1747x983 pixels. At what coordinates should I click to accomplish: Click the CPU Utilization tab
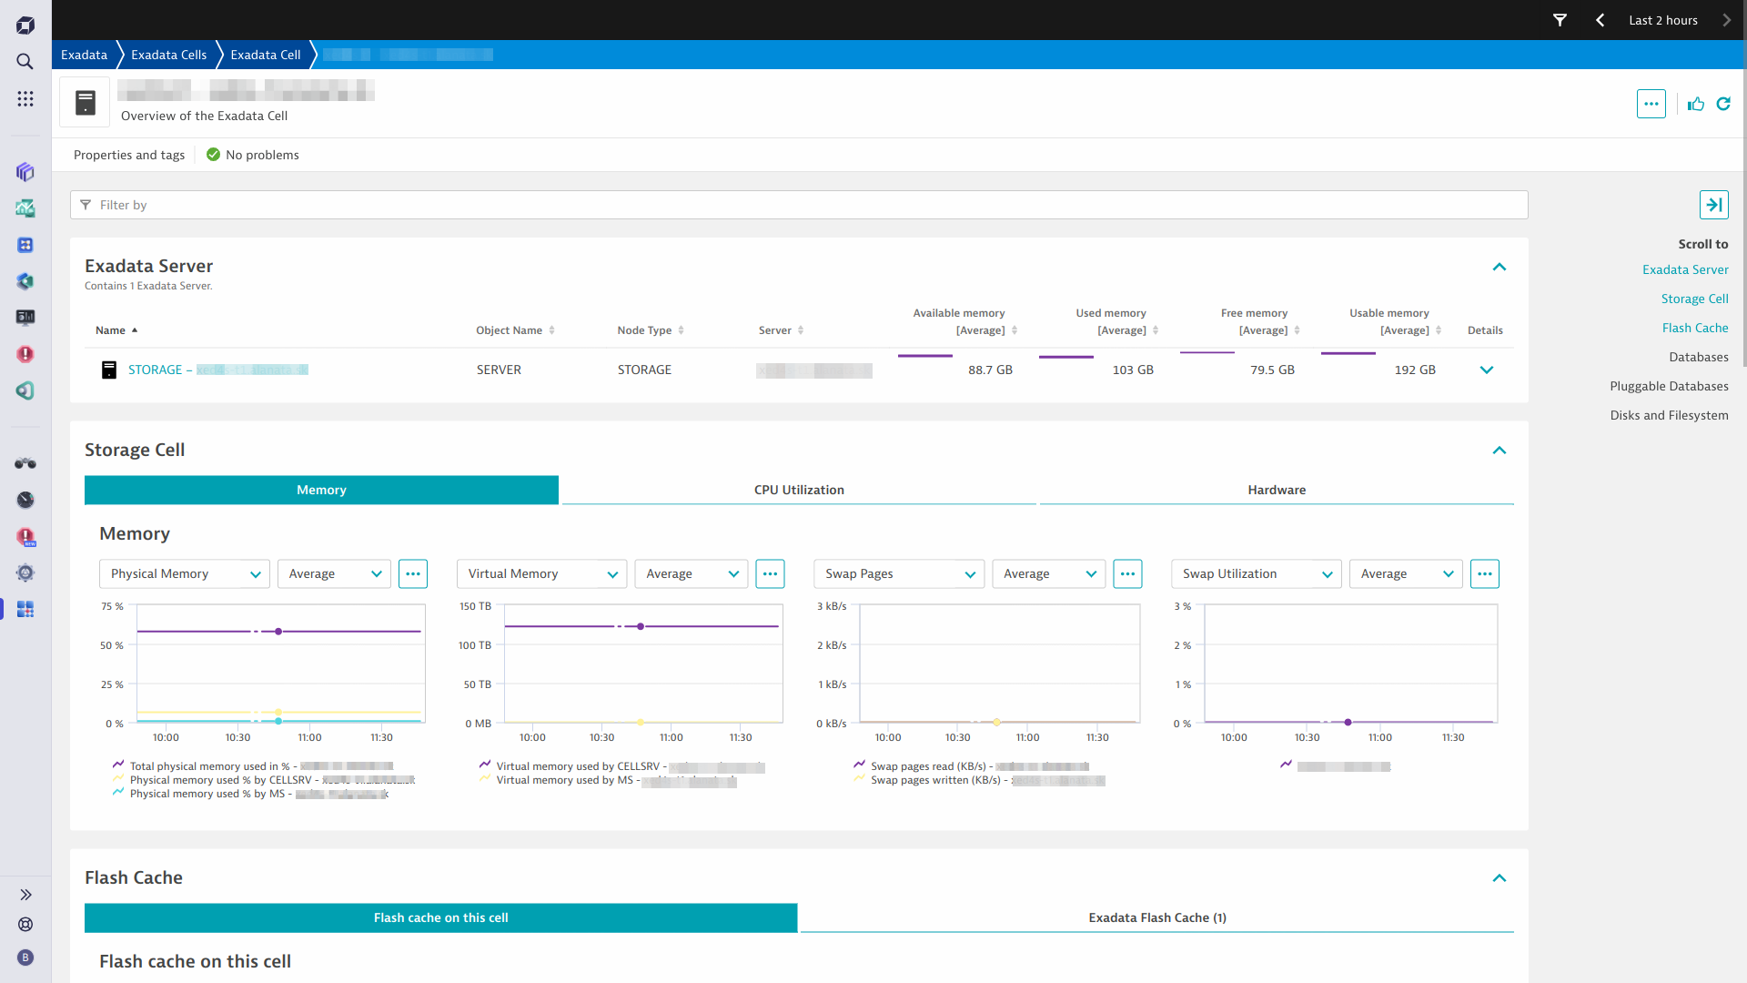[x=799, y=490]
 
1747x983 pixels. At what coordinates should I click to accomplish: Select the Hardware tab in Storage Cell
[x=1276, y=490]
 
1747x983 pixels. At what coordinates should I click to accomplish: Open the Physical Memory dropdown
[x=184, y=573]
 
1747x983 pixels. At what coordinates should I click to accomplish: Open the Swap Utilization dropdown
[x=1256, y=573]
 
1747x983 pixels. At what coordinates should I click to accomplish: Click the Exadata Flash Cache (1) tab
[x=1156, y=917]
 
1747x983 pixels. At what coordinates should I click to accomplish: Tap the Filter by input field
[x=799, y=205]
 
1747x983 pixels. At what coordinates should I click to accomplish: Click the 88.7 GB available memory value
[x=990, y=370]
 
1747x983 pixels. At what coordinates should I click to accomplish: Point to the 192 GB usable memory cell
[x=1415, y=370]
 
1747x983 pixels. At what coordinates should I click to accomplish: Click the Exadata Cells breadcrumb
[x=168, y=55]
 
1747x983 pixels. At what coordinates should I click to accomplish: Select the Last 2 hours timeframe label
[x=1662, y=20]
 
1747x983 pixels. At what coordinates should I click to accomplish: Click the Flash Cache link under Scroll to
[x=1694, y=328]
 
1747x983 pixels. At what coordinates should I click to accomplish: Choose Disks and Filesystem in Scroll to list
[x=1669, y=415]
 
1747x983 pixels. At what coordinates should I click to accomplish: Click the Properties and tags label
[x=129, y=155]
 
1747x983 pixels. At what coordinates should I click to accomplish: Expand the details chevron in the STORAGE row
[x=1487, y=370]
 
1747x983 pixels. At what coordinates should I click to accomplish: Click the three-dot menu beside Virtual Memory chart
[x=770, y=573]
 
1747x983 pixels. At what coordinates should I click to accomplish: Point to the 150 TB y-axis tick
[x=475, y=606]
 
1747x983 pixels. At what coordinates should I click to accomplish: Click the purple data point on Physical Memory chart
[x=278, y=632]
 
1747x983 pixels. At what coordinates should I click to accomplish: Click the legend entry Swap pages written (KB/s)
[x=934, y=780]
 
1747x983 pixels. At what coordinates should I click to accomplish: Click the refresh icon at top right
[x=1723, y=104]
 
